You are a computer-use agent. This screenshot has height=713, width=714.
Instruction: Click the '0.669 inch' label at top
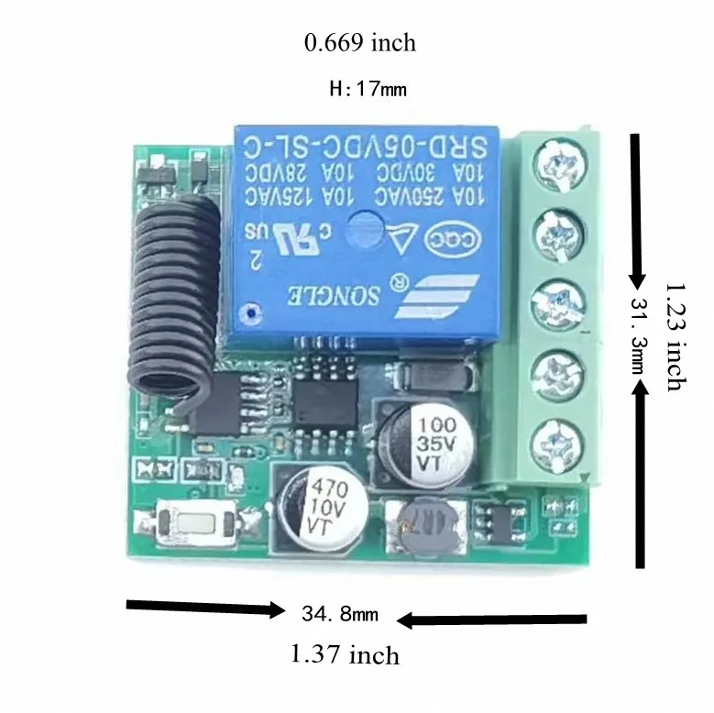click(359, 43)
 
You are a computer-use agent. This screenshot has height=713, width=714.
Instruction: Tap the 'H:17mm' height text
click(367, 90)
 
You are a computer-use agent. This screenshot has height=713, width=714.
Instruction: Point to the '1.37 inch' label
click(345, 654)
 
